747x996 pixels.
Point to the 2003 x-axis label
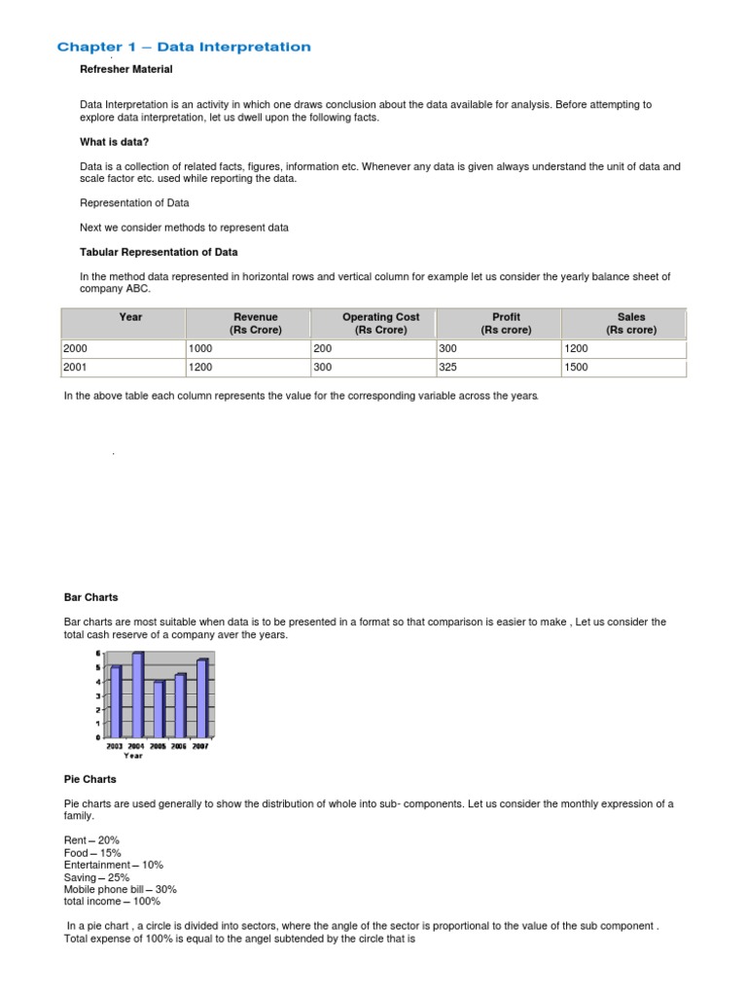coord(115,746)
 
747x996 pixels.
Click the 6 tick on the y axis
coord(97,653)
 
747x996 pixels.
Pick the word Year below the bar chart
coord(132,756)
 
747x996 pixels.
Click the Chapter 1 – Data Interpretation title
coord(184,47)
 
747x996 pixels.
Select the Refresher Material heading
coord(125,69)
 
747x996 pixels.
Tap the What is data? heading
coord(114,142)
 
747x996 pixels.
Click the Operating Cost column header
coord(380,323)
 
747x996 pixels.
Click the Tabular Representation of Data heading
coord(159,252)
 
